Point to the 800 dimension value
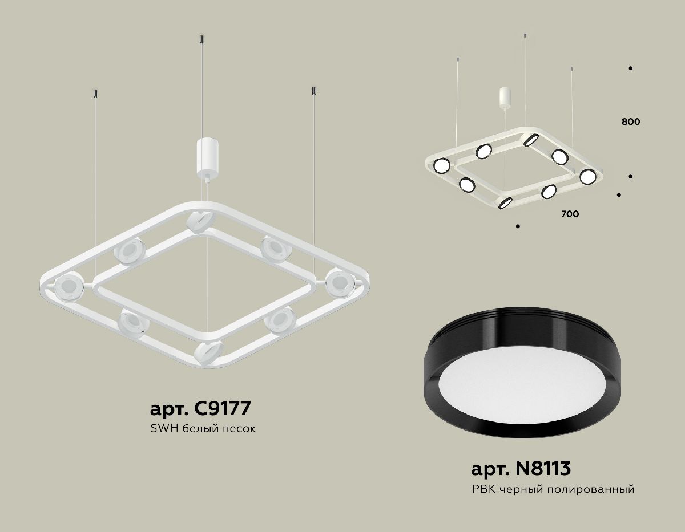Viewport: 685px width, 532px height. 631,121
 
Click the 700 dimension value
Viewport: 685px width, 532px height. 570,214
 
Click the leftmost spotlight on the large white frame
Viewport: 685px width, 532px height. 68,286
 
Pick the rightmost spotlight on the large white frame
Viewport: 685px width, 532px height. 340,281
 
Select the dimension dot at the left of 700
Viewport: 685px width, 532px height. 518,227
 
